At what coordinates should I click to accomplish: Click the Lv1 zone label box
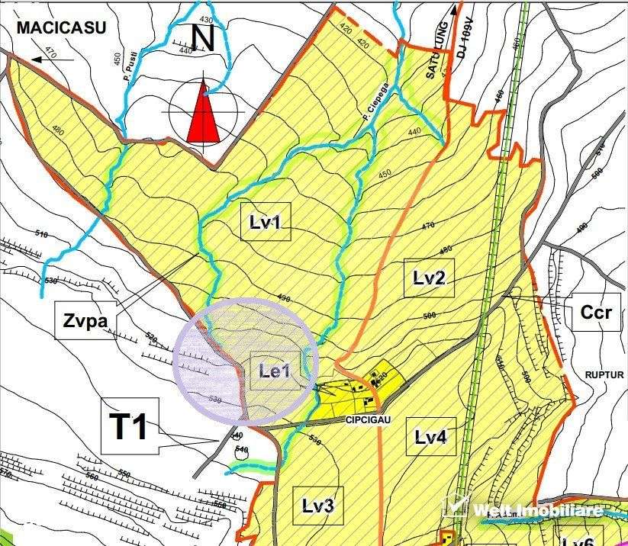click(x=266, y=222)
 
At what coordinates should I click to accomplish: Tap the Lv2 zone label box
click(x=429, y=278)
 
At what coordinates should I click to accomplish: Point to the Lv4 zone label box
click(x=430, y=437)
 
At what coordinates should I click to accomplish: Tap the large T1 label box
click(x=130, y=426)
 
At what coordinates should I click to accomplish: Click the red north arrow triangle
click(x=204, y=114)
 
